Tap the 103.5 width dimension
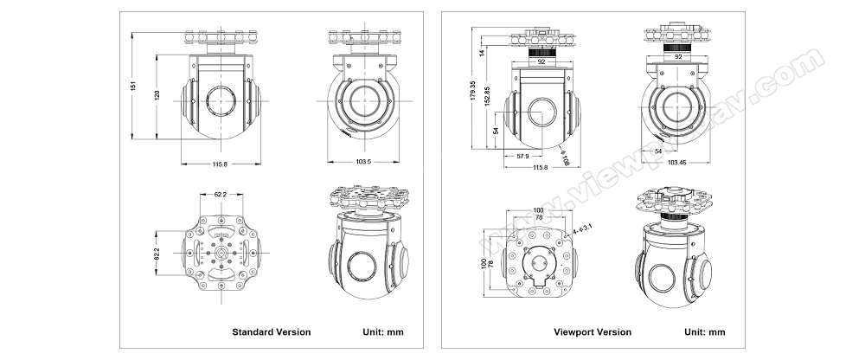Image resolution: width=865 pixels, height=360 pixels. (x=362, y=162)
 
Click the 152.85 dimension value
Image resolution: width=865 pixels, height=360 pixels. (x=487, y=95)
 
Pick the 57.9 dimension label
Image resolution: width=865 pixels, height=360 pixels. (x=522, y=156)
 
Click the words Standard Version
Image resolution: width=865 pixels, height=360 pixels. (x=271, y=331)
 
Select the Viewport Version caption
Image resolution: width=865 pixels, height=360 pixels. (x=593, y=331)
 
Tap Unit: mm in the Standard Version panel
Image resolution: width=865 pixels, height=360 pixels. (x=381, y=331)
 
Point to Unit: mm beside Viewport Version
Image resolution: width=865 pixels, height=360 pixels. (x=705, y=331)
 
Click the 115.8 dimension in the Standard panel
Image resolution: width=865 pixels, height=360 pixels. (x=219, y=164)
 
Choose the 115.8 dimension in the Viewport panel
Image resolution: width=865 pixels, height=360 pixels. (x=541, y=166)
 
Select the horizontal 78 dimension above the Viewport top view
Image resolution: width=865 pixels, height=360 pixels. (x=540, y=218)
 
